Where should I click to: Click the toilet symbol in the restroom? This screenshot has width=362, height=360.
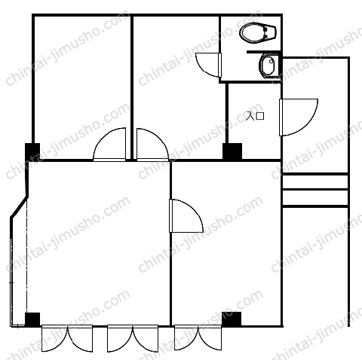click(258, 33)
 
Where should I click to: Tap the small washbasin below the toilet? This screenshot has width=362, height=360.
click(269, 65)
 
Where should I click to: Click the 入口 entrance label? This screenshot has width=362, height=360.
click(255, 116)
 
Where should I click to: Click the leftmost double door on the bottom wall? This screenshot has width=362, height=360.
click(67, 337)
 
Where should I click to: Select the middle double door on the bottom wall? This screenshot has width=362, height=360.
click(133, 337)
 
